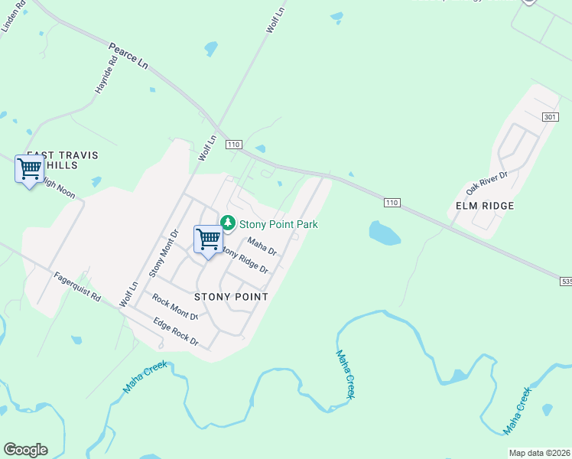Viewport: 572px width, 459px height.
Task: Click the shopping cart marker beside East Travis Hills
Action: tap(29, 168)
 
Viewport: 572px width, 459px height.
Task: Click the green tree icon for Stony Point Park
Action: tap(227, 223)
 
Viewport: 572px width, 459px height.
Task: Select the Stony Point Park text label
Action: tap(278, 224)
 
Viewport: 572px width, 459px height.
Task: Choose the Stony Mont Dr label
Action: tap(164, 252)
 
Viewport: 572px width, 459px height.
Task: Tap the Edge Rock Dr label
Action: tap(176, 333)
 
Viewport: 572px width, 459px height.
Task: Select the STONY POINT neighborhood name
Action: tap(231, 297)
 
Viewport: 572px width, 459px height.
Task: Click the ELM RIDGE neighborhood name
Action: tap(484, 206)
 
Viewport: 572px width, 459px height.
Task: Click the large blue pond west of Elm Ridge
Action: tap(384, 233)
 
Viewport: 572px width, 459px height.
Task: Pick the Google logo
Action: tap(25, 450)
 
